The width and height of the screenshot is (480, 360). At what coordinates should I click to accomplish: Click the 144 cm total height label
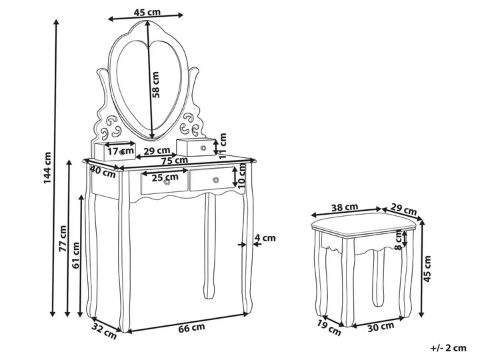coord(47,168)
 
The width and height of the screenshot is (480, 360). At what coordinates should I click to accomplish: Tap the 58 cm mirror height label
coord(156,85)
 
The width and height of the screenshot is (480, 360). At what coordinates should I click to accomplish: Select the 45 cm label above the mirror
coord(147,12)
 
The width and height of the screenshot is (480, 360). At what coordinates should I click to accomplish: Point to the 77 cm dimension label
coord(63,239)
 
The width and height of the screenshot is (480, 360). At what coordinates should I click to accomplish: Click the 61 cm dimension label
coord(75,255)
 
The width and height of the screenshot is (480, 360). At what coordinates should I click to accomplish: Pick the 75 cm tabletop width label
coord(175,161)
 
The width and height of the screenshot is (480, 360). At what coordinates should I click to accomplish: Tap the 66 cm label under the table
coord(191,328)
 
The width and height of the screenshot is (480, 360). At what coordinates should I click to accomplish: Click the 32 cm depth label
coord(104,331)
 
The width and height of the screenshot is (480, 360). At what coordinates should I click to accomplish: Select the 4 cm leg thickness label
coord(265,238)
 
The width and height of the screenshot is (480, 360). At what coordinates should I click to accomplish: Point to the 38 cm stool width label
coord(345,207)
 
